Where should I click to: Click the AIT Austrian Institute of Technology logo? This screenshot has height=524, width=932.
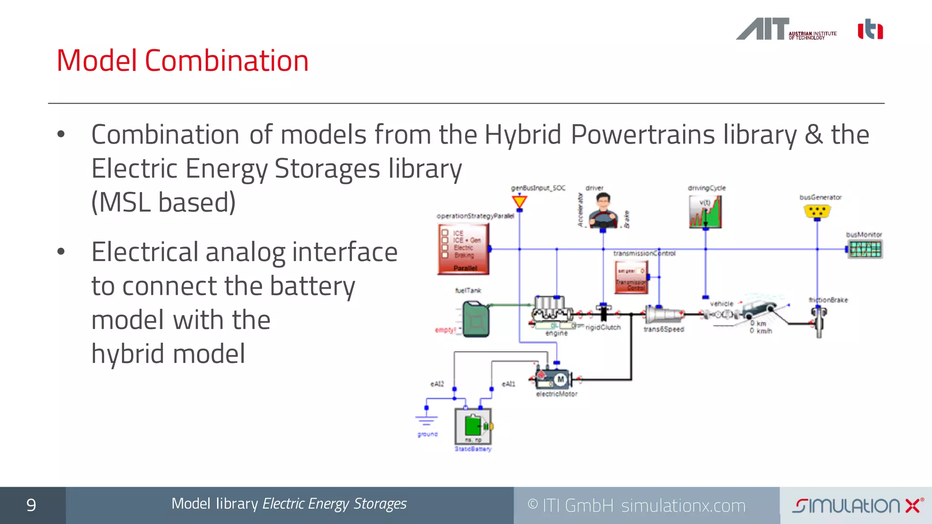click(x=786, y=30)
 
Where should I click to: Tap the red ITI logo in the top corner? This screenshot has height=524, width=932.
click(x=870, y=30)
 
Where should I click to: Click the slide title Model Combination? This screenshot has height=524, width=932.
click(x=182, y=60)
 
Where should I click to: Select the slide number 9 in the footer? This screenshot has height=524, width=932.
click(x=31, y=505)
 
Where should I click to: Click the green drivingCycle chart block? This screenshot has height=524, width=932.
click(x=705, y=212)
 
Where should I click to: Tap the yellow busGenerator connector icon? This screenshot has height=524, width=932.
click(x=817, y=211)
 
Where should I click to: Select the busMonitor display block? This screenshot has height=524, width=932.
click(x=865, y=249)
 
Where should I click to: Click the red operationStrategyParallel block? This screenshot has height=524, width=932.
click(x=463, y=249)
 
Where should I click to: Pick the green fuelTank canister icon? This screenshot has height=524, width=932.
click(x=476, y=320)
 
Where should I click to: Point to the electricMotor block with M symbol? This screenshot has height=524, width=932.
click(x=555, y=378)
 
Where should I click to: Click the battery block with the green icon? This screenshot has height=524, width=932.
click(x=473, y=426)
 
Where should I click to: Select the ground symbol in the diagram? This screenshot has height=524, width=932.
click(x=426, y=418)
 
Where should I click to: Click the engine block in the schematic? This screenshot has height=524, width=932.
click(x=552, y=312)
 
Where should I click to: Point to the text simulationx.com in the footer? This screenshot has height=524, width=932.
click(x=683, y=506)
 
